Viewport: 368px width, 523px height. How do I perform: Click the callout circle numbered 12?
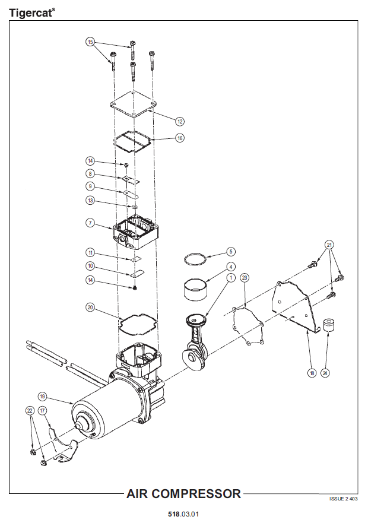(x=180, y=122)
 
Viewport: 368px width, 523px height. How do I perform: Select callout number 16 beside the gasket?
(x=180, y=138)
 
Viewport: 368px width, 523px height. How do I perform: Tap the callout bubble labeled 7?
(x=90, y=223)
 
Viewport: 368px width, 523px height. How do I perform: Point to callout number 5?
(x=231, y=252)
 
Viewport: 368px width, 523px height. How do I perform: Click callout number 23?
(x=245, y=277)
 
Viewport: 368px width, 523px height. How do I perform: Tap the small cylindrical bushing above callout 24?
(x=329, y=325)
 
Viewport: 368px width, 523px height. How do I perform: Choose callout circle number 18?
(x=312, y=373)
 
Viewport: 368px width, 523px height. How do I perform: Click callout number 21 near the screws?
(x=329, y=245)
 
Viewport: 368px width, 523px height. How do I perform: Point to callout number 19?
(x=42, y=397)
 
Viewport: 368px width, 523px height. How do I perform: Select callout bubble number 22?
(x=30, y=411)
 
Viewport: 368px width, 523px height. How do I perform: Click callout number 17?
(x=42, y=411)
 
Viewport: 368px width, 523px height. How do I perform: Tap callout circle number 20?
(x=90, y=308)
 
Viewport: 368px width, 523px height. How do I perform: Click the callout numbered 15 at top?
(x=90, y=42)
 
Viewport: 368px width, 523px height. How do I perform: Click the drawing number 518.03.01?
(x=183, y=514)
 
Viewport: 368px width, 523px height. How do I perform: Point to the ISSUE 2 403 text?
(x=343, y=499)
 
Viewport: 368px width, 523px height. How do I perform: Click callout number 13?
(x=90, y=201)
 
